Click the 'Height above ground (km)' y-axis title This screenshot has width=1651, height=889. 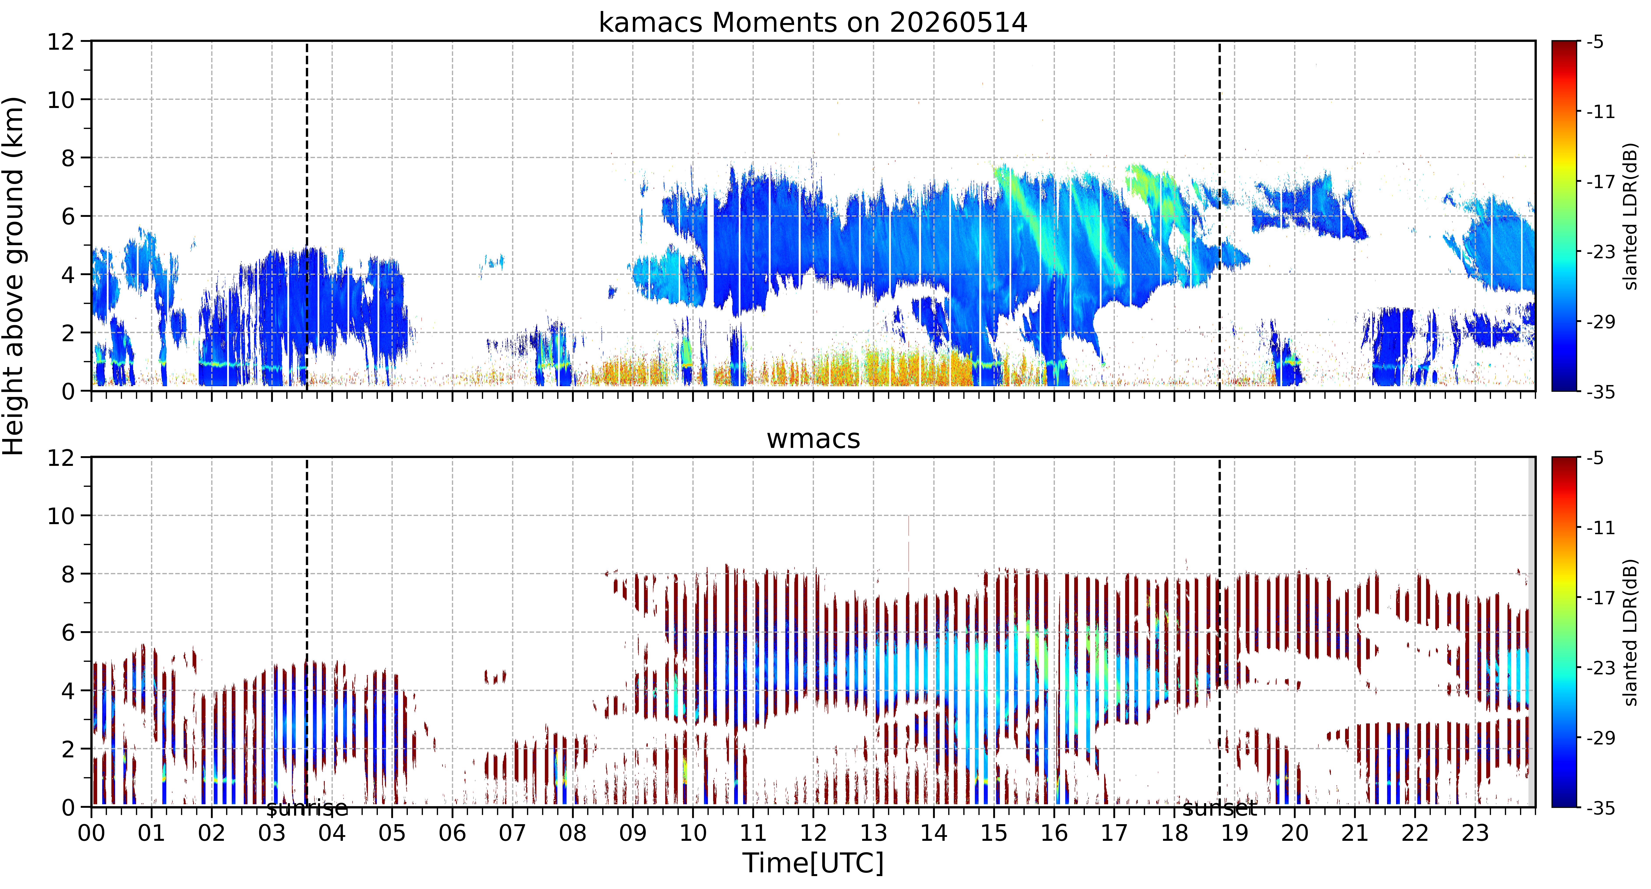[x=14, y=276]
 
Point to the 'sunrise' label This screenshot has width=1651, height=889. [x=307, y=809]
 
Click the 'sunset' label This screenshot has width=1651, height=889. [x=1220, y=809]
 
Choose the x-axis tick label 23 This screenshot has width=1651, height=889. [x=1475, y=833]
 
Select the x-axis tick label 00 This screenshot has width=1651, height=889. [x=92, y=833]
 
